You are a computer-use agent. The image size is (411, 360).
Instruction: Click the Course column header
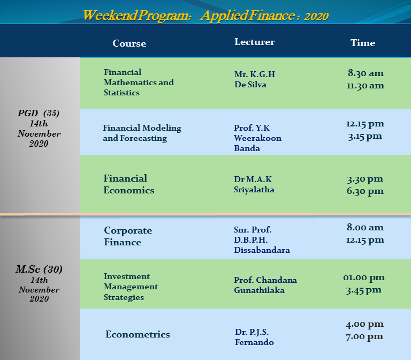(x=129, y=43)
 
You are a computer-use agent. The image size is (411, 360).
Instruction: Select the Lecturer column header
(x=254, y=42)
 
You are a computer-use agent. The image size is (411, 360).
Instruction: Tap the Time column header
(x=363, y=43)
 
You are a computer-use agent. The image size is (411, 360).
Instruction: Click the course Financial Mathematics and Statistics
(x=139, y=82)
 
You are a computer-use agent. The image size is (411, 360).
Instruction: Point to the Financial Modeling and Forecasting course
(x=142, y=133)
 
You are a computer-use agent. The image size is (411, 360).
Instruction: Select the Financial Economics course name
(x=128, y=184)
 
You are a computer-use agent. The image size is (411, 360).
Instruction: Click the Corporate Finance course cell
(x=128, y=236)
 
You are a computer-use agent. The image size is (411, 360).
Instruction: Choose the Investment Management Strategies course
(x=131, y=287)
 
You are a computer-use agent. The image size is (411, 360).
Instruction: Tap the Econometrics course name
(x=138, y=334)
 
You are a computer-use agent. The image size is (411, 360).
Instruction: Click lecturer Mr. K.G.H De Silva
(x=255, y=79)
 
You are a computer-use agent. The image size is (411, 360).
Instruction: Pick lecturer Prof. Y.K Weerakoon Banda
(x=257, y=138)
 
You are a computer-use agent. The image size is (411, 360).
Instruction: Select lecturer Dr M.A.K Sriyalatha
(x=254, y=184)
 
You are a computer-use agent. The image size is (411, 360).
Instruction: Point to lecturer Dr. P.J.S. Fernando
(x=254, y=337)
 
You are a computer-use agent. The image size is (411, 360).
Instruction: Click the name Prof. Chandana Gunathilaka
(x=265, y=285)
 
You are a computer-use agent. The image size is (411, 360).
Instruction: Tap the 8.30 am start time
(x=366, y=73)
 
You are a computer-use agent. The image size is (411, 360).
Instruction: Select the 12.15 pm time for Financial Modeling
(x=365, y=124)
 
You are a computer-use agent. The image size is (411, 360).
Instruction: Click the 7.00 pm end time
(x=364, y=336)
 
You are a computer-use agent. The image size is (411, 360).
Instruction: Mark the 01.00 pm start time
(x=364, y=277)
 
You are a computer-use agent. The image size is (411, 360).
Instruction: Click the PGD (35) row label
(x=39, y=113)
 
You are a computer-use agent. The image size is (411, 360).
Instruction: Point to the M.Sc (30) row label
(x=39, y=269)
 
